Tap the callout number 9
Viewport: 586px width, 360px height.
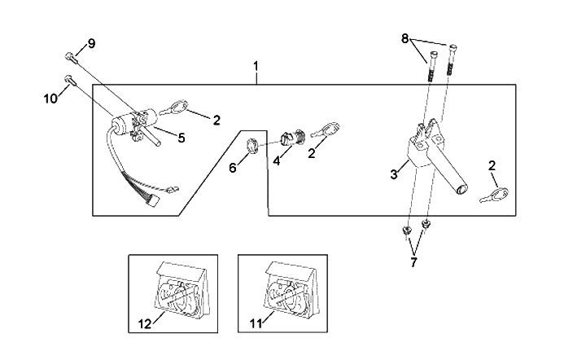coord(91,42)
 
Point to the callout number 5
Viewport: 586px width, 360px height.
coord(181,138)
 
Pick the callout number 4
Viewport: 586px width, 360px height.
coord(277,160)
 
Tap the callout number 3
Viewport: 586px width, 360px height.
coord(393,173)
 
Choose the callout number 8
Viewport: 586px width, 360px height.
coord(405,37)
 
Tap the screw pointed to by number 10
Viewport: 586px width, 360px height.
coord(68,79)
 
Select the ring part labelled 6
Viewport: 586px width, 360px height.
coord(253,147)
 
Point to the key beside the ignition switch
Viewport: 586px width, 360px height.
coord(177,106)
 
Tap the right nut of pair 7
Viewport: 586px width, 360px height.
coord(425,223)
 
